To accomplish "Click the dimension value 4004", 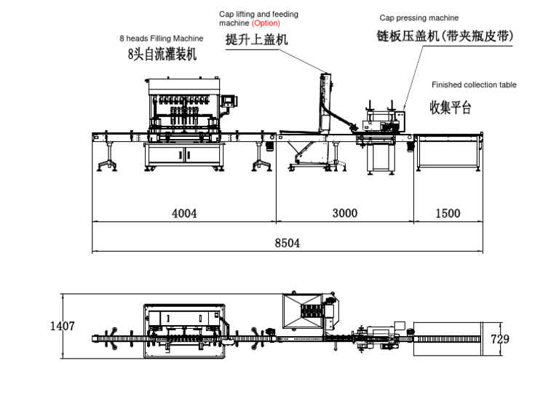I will (184, 213).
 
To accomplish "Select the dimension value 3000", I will (344, 213).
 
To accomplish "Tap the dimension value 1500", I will (448, 213).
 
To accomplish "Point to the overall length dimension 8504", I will (287, 244).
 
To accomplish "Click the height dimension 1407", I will (62, 327).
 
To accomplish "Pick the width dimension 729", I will (500, 339).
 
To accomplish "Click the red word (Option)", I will (266, 24).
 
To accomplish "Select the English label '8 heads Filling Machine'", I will (162, 39).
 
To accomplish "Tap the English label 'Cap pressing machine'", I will (419, 17).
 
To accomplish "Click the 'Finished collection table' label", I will (474, 85).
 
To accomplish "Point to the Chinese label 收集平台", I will (451, 108).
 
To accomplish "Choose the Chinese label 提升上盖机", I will (257, 40).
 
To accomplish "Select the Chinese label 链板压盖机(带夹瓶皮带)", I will (444, 36).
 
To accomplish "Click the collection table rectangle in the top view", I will (445, 338).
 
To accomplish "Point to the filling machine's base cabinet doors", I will (183, 154).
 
